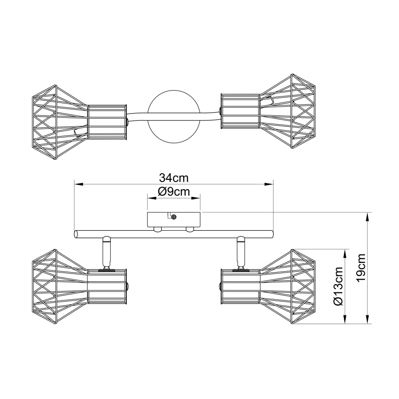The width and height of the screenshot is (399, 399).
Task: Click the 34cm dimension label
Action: pyautogui.click(x=174, y=177)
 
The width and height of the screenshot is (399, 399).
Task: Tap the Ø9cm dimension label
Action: pyautogui.click(x=174, y=192)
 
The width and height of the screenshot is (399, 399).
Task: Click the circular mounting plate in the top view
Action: pyautogui.click(x=174, y=117)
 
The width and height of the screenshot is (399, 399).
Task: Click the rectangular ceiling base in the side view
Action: pyautogui.click(x=174, y=220)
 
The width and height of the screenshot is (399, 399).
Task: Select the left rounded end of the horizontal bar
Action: pyautogui.click(x=76, y=234)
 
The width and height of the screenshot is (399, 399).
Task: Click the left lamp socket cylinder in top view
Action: pyautogui.click(x=107, y=122)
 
